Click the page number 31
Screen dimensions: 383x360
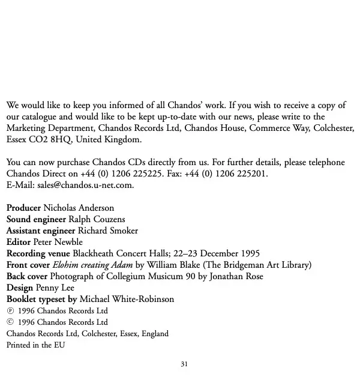184,364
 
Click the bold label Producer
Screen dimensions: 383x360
23,208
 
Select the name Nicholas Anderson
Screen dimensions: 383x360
79,208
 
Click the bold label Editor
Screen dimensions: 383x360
19,242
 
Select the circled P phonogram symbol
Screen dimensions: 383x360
10,311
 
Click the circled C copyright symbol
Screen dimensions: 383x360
10,322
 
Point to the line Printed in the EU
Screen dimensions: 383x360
35,345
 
